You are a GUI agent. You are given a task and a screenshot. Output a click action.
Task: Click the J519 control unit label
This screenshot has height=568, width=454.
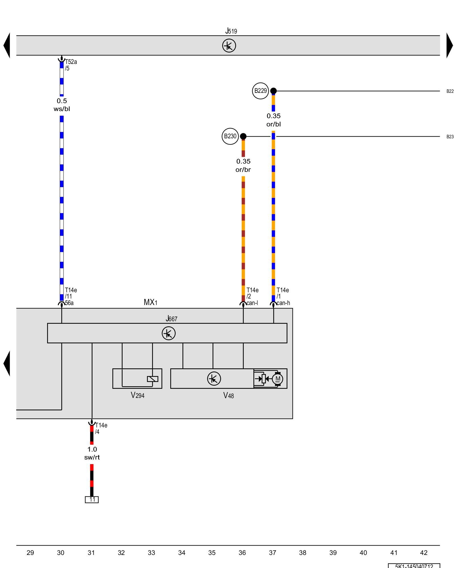[231, 31]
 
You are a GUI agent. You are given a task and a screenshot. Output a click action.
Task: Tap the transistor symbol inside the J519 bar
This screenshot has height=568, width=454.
[229, 45]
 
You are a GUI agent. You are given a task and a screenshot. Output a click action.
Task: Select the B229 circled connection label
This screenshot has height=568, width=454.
[260, 91]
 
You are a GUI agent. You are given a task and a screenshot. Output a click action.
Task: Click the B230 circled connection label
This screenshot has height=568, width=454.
[230, 136]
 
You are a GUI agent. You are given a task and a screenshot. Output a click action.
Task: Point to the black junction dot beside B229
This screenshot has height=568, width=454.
[273, 91]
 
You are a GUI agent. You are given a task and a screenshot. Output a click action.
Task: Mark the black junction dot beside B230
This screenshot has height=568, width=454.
[243, 136]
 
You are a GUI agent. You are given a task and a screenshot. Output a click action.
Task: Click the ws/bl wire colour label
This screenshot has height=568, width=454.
[62, 109]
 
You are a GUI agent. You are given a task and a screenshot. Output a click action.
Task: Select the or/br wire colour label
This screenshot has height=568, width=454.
[243, 170]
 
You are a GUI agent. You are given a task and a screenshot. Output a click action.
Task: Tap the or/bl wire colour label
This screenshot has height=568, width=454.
[274, 124]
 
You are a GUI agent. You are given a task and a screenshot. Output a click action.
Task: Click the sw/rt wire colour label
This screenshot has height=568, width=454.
[92, 458]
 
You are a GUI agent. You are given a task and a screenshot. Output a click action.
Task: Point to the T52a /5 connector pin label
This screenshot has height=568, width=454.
[71, 65]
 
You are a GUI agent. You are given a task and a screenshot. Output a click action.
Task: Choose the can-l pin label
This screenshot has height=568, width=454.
[252, 303]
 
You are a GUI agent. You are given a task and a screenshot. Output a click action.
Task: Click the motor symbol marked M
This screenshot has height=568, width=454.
[278, 379]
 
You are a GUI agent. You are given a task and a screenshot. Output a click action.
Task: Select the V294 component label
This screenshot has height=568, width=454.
[137, 395]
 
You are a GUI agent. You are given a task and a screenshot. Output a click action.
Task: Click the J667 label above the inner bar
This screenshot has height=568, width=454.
[171, 319]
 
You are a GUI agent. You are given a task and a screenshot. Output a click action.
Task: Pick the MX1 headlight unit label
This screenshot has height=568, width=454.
[150, 302]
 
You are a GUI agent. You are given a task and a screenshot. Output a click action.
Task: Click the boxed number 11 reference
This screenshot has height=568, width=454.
[92, 500]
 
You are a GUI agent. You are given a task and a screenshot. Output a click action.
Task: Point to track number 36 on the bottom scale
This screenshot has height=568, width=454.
[242, 553]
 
